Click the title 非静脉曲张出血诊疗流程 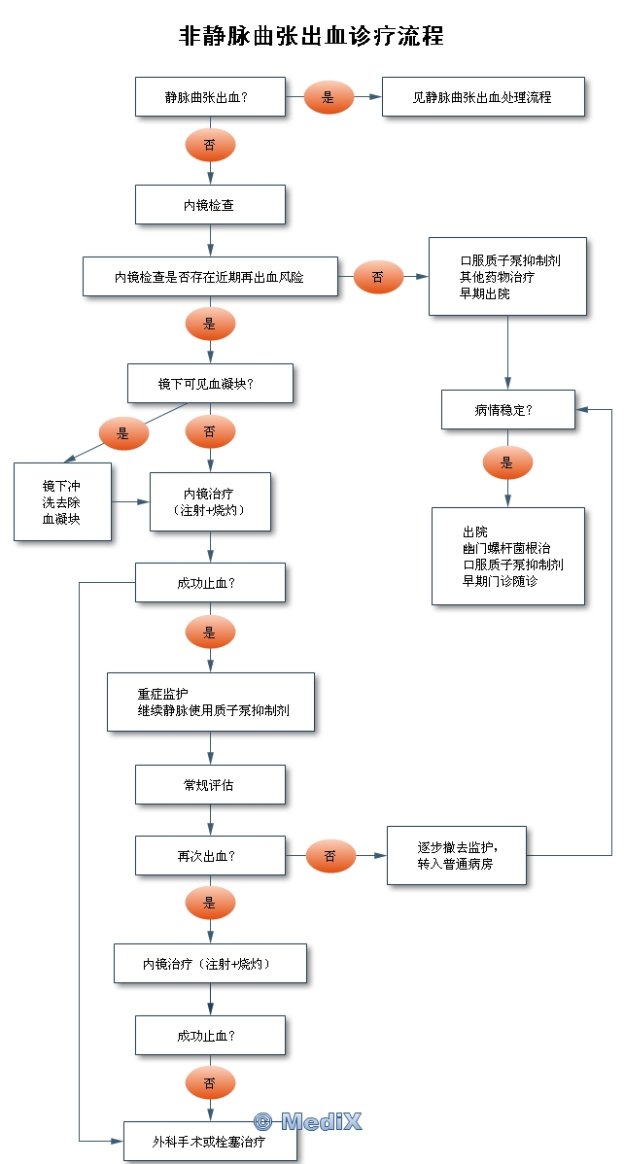tap(311, 36)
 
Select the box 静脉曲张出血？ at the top tap(210, 97)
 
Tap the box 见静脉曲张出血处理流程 tap(482, 97)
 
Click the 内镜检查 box tap(210, 205)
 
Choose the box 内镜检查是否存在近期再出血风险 tap(210, 277)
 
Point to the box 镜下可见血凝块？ tap(210, 384)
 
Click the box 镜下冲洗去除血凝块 tap(62, 502)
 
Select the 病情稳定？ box tap(508, 410)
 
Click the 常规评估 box tap(210, 785)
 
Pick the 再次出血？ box tap(210, 856)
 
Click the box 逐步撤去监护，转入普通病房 tap(457, 855)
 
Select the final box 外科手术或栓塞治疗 tap(210, 1142)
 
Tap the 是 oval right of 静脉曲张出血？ tap(329, 97)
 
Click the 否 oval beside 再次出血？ tap(330, 856)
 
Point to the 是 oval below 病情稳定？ tap(507, 463)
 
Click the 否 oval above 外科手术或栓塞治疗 tap(210, 1081)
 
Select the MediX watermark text tap(308, 1121)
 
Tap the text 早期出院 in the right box tap(485, 292)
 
